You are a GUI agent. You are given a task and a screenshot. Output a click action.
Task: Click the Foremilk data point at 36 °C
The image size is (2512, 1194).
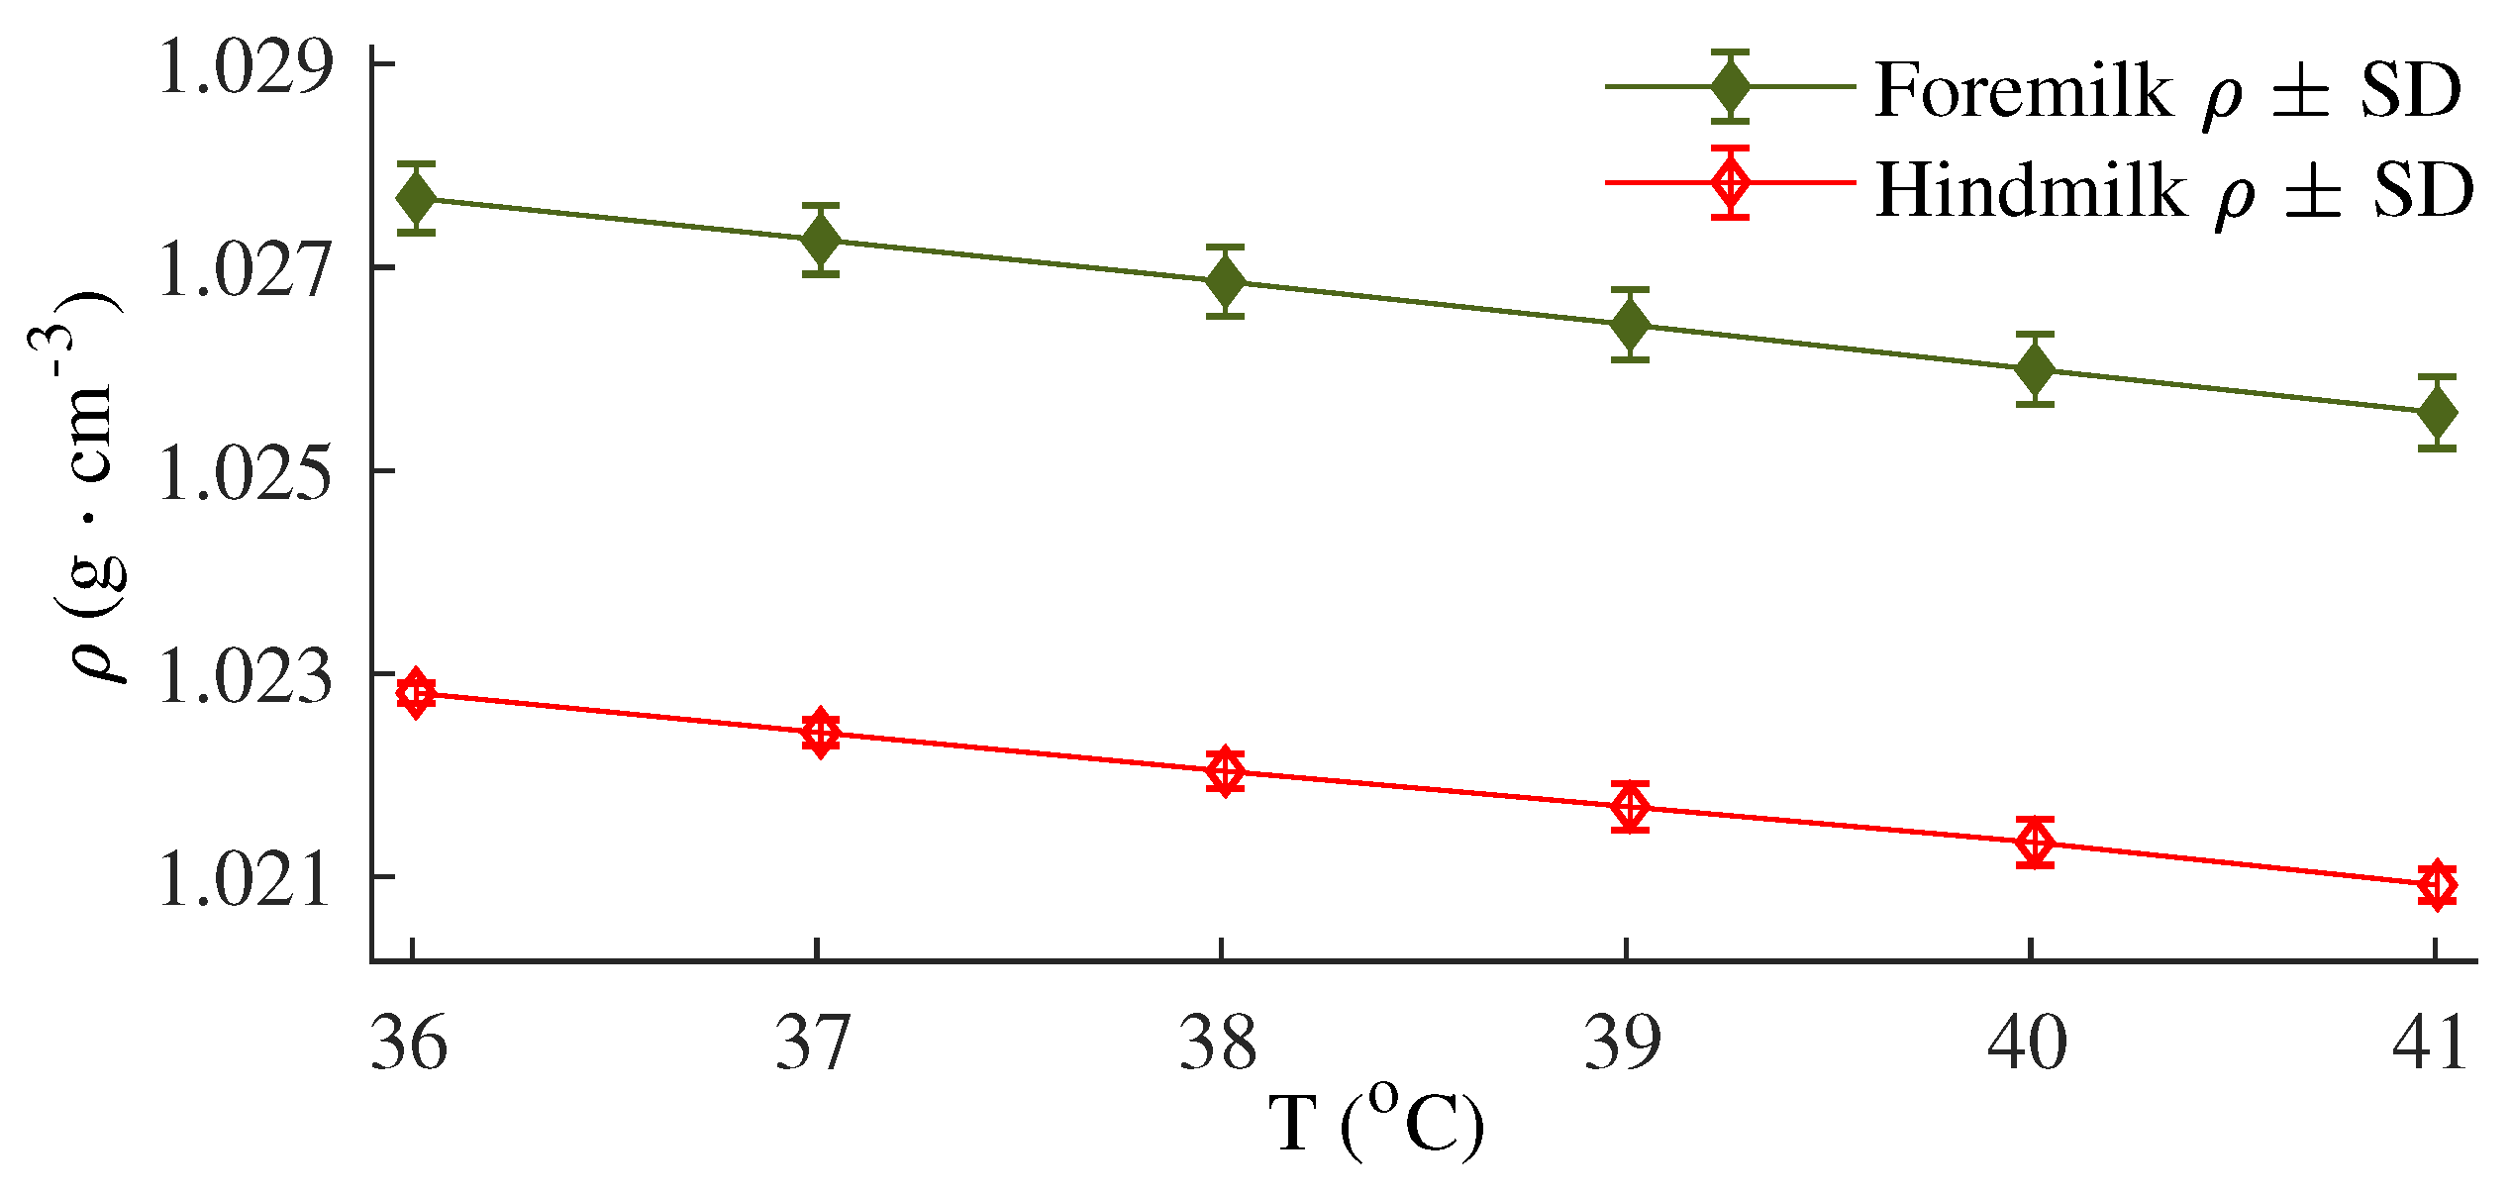pyautogui.click(x=416, y=199)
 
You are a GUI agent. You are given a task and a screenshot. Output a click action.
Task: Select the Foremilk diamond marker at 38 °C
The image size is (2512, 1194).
pyautogui.click(x=1225, y=282)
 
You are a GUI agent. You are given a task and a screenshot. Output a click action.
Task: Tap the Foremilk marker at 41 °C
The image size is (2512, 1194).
pyautogui.click(x=2437, y=413)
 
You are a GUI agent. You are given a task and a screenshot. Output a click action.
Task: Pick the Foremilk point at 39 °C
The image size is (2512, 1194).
pyautogui.click(x=1630, y=325)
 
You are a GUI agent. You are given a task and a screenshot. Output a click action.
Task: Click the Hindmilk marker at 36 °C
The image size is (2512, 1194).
pyautogui.click(x=416, y=693)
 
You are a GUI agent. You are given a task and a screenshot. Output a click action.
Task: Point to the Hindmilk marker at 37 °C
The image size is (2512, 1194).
pyautogui.click(x=820, y=733)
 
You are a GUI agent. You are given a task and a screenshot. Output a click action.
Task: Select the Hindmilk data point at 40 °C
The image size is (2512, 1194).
pyautogui.click(x=2035, y=843)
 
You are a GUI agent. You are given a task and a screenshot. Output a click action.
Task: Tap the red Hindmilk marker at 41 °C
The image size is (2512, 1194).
pyautogui.click(x=2437, y=884)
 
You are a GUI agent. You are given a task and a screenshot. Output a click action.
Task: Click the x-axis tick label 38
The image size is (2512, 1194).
pyautogui.click(x=1218, y=1043)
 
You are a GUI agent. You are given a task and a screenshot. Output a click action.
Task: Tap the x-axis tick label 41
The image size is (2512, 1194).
pyautogui.click(x=2430, y=1043)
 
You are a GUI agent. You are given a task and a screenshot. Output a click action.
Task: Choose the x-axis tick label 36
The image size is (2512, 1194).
pyautogui.click(x=409, y=1043)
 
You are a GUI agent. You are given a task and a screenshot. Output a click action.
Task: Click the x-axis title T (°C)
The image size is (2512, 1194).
pyautogui.click(x=1376, y=1124)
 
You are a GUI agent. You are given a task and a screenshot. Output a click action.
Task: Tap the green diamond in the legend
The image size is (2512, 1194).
pyautogui.click(x=1730, y=87)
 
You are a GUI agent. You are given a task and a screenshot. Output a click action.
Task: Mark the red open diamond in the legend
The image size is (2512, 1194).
pyautogui.click(x=1730, y=182)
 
